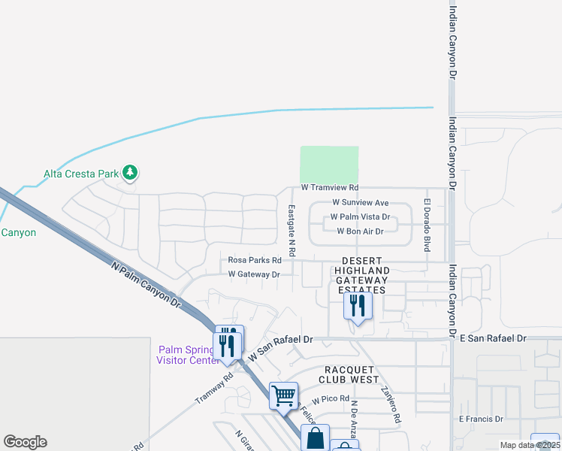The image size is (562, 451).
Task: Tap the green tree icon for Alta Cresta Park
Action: pyautogui.click(x=131, y=173)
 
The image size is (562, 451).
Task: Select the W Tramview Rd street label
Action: pyautogui.click(x=330, y=187)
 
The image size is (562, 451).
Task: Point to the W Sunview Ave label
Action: pyautogui.click(x=361, y=203)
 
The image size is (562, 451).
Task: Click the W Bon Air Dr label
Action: pyautogui.click(x=361, y=232)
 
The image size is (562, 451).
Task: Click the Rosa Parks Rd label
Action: pyautogui.click(x=255, y=260)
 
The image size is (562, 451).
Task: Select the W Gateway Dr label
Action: pyautogui.click(x=254, y=274)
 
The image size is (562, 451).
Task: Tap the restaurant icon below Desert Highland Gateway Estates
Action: pyautogui.click(x=357, y=305)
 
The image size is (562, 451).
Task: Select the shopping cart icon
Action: pyautogui.click(x=284, y=395)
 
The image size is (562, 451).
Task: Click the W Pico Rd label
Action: pyautogui.click(x=331, y=398)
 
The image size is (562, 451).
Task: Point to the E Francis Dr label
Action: pyautogui.click(x=481, y=419)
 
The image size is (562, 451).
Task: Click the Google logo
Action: pyautogui.click(x=25, y=442)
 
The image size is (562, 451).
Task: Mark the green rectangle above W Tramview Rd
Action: pyautogui.click(x=329, y=164)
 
